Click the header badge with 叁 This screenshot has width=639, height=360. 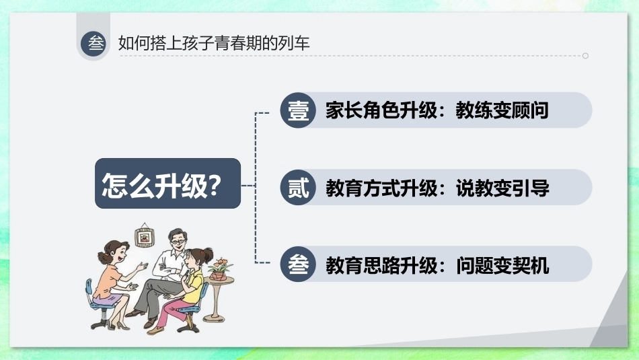pyautogui.click(x=93, y=44)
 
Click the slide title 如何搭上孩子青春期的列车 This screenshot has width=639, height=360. pyautogui.click(x=214, y=43)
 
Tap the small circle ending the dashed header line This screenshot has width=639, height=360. pyautogui.click(x=585, y=55)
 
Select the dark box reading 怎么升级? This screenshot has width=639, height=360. pyautogui.click(x=168, y=184)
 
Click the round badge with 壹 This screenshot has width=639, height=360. pyautogui.click(x=298, y=110)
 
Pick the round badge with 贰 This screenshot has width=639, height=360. pyautogui.click(x=298, y=187)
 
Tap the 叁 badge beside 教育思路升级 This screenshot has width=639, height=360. pyautogui.click(x=298, y=264)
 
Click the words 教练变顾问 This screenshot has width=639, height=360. pyautogui.click(x=502, y=110)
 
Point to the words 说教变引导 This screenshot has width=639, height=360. pyautogui.click(x=502, y=188)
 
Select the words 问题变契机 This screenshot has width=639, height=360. pyautogui.click(x=502, y=265)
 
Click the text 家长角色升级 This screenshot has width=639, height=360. pyautogui.click(x=381, y=110)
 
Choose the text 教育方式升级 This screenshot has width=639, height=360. pyautogui.click(x=381, y=188)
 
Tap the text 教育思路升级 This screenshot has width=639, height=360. pyautogui.click(x=381, y=265)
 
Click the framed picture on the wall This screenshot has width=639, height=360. pyautogui.click(x=145, y=236)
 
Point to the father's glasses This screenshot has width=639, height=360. pyautogui.click(x=178, y=242)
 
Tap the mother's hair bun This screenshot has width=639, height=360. pyautogui.click(x=102, y=258)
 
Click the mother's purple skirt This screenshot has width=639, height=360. pyautogui.click(x=107, y=299)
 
